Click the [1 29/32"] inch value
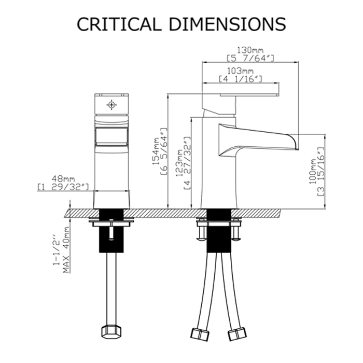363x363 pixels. point(64,186)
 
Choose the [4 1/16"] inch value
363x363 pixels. point(240,79)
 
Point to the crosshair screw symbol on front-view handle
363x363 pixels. point(111,105)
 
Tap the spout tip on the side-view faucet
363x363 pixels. point(293,140)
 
